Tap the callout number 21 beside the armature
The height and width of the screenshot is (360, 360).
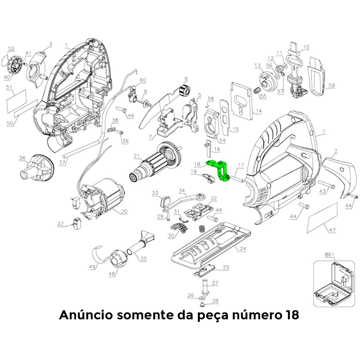click(136, 156)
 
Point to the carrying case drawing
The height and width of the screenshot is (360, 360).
click(334, 284)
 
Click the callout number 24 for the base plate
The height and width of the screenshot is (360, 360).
click(243, 248)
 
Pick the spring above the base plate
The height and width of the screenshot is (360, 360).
click(202, 229)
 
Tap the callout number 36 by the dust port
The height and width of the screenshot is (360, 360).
click(22, 158)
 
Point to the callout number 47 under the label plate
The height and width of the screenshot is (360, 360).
click(332, 230)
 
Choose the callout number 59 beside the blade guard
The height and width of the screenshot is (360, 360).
click(331, 85)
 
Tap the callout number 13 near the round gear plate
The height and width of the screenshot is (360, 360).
click(257, 66)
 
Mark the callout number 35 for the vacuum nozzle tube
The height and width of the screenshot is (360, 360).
click(143, 258)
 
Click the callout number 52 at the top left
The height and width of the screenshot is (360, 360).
click(11, 49)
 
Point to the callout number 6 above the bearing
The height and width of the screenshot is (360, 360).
click(186, 79)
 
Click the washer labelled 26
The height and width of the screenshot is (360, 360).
click(202, 298)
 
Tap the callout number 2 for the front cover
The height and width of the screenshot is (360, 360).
click(336, 151)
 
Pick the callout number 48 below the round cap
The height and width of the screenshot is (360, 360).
click(112, 274)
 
